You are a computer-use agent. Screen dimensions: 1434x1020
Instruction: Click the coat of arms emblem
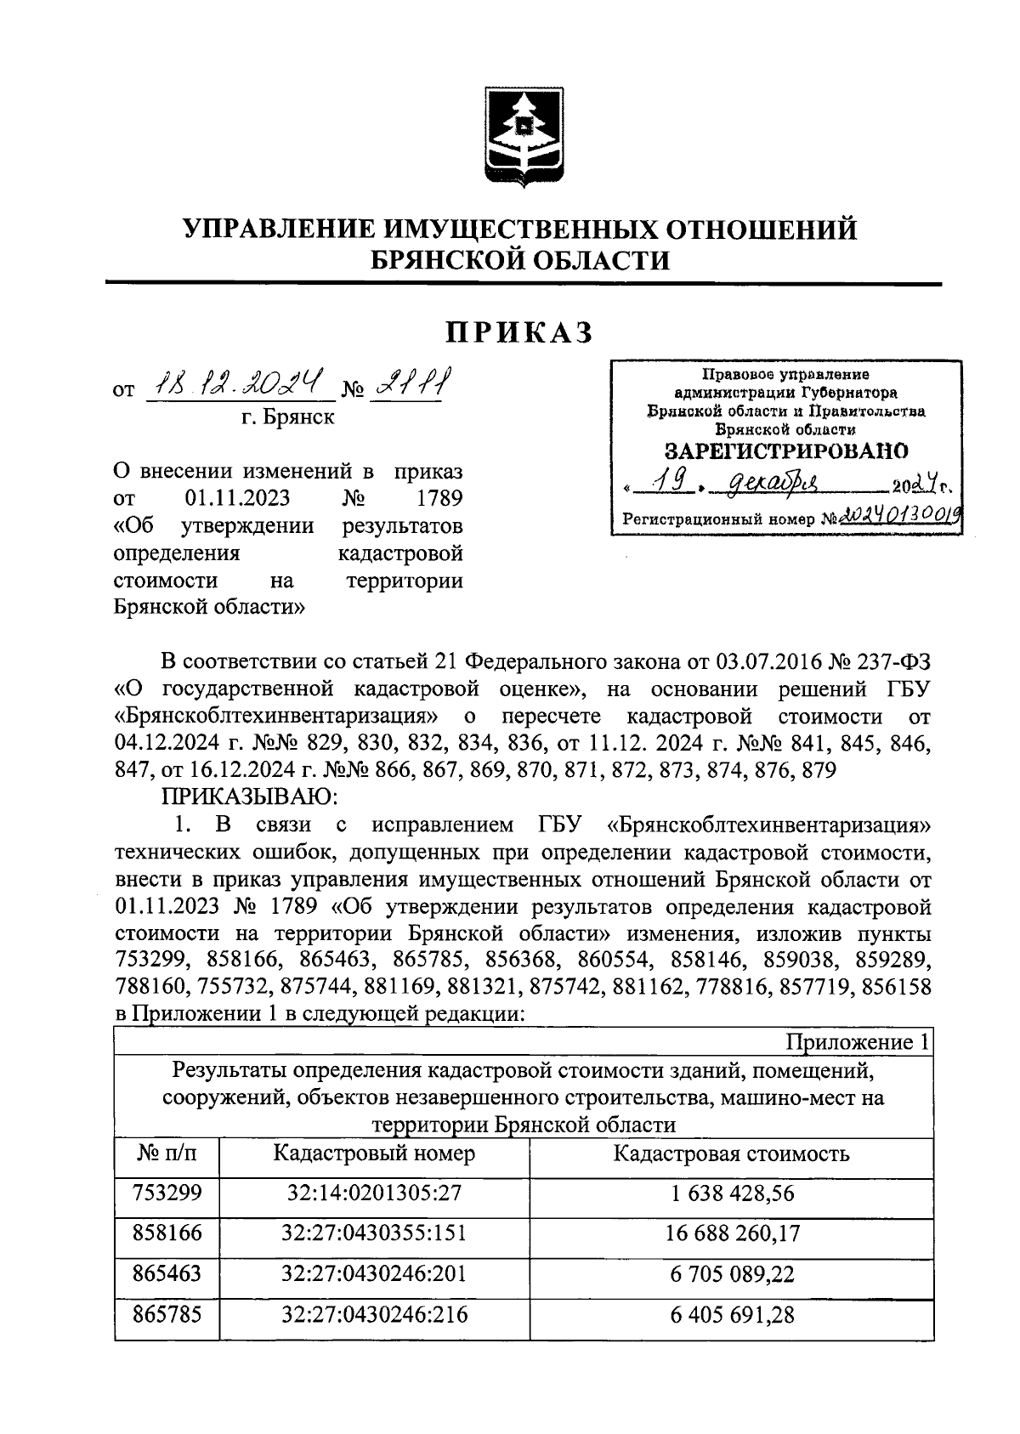[x=520, y=137]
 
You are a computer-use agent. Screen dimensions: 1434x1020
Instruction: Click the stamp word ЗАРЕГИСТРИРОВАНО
[x=785, y=451]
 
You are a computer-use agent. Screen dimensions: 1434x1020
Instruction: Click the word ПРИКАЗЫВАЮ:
[x=251, y=796]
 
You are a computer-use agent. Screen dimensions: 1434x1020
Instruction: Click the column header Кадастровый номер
[x=374, y=1153]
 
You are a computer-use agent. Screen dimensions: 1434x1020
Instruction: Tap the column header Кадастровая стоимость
[x=731, y=1153]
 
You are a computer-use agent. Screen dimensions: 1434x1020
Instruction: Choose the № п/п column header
[x=167, y=1153]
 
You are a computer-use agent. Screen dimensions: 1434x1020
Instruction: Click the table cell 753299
[x=167, y=1193]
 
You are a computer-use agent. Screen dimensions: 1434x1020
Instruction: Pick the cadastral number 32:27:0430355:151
[x=374, y=1233]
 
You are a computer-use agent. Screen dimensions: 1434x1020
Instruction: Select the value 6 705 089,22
[x=731, y=1273]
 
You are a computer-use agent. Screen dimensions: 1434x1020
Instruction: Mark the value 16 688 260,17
[x=731, y=1233]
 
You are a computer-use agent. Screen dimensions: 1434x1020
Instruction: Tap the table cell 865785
[x=167, y=1314]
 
